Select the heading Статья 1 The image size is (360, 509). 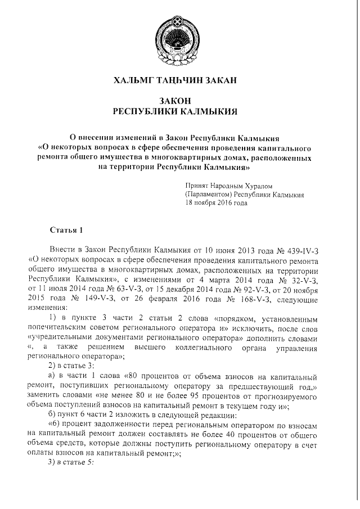point(66,230)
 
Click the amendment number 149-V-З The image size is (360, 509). point(84,298)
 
